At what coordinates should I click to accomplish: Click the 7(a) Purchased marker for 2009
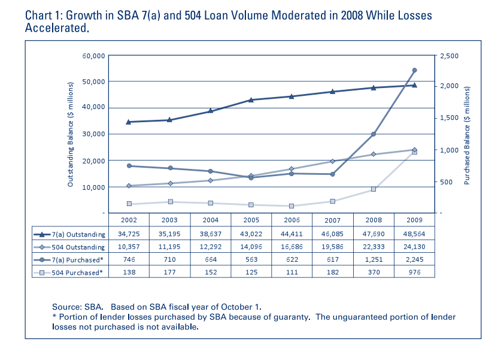pyautogui.click(x=414, y=70)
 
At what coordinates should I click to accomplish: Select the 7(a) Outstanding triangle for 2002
pyautogui.click(x=129, y=122)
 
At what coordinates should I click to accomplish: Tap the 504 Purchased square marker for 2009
pyautogui.click(x=414, y=152)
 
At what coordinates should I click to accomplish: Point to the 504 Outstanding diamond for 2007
pyautogui.click(x=332, y=161)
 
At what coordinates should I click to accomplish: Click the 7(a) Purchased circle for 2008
pyautogui.click(x=374, y=134)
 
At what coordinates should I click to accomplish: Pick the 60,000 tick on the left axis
pyautogui.click(x=93, y=56)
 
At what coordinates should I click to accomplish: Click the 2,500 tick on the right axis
pyautogui.click(x=449, y=56)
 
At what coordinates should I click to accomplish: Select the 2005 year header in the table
pyautogui.click(x=251, y=220)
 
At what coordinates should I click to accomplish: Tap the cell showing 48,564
pyautogui.click(x=414, y=234)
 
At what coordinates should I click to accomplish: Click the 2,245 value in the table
pyautogui.click(x=414, y=259)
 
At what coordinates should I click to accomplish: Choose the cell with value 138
pyautogui.click(x=129, y=272)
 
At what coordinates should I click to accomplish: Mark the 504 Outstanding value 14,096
pyautogui.click(x=251, y=247)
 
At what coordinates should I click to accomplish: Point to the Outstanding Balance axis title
pyautogui.click(x=70, y=135)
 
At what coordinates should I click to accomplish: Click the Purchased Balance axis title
pyautogui.click(x=467, y=135)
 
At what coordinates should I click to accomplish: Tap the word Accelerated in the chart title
pyautogui.click(x=57, y=28)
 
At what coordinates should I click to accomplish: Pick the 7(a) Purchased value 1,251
pyautogui.click(x=374, y=259)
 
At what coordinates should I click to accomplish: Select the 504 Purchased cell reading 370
pyautogui.click(x=374, y=272)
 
